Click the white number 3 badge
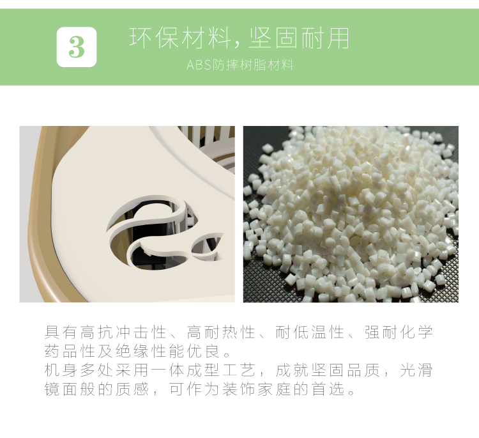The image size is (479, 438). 77,47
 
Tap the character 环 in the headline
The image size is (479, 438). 141,38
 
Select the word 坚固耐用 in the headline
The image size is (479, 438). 300,38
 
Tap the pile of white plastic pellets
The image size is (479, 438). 351,211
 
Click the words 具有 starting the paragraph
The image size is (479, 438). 62,332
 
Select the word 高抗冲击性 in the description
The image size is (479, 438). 125,332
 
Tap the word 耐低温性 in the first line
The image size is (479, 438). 310,332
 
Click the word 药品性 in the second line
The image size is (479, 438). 70,351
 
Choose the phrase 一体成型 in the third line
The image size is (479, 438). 185,370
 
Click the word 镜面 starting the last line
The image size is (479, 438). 62,389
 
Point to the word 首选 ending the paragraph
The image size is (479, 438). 329,389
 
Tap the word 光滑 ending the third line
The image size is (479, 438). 416,370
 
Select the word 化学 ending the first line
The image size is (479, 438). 416,332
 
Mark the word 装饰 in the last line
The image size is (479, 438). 240,389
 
